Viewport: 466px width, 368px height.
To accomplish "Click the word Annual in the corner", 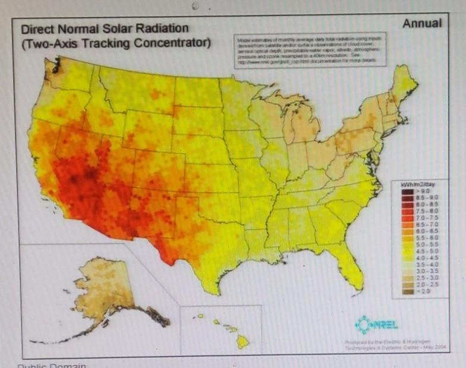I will coord(422,24).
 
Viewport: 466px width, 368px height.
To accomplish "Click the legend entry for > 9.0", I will coord(416,192).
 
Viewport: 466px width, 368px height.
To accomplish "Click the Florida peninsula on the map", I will coord(351,270).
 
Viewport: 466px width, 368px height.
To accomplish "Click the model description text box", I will coord(309,50).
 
